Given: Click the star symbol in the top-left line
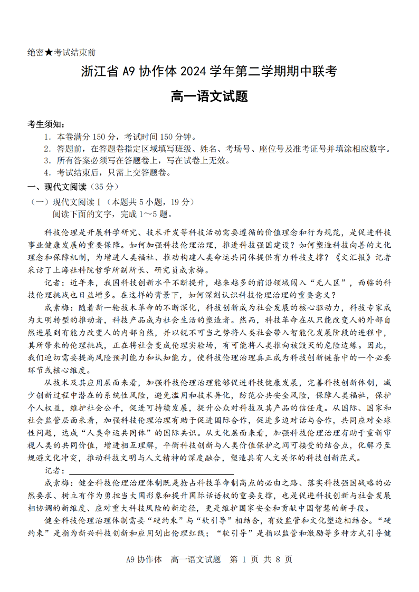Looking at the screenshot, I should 49,53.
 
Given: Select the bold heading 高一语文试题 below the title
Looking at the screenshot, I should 209,96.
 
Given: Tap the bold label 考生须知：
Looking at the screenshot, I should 46,124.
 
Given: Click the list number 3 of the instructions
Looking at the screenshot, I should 46,161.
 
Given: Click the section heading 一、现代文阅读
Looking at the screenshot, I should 58,187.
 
